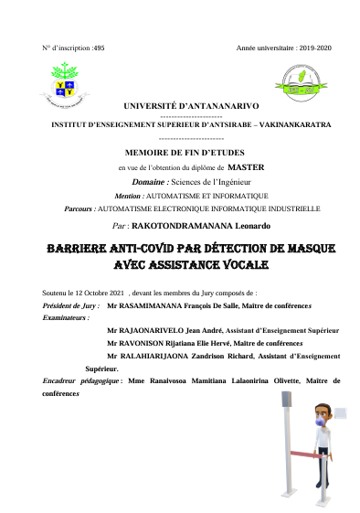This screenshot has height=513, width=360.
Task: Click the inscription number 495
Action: [x=99, y=46]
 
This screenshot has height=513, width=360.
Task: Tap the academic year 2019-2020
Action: [x=311, y=46]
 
